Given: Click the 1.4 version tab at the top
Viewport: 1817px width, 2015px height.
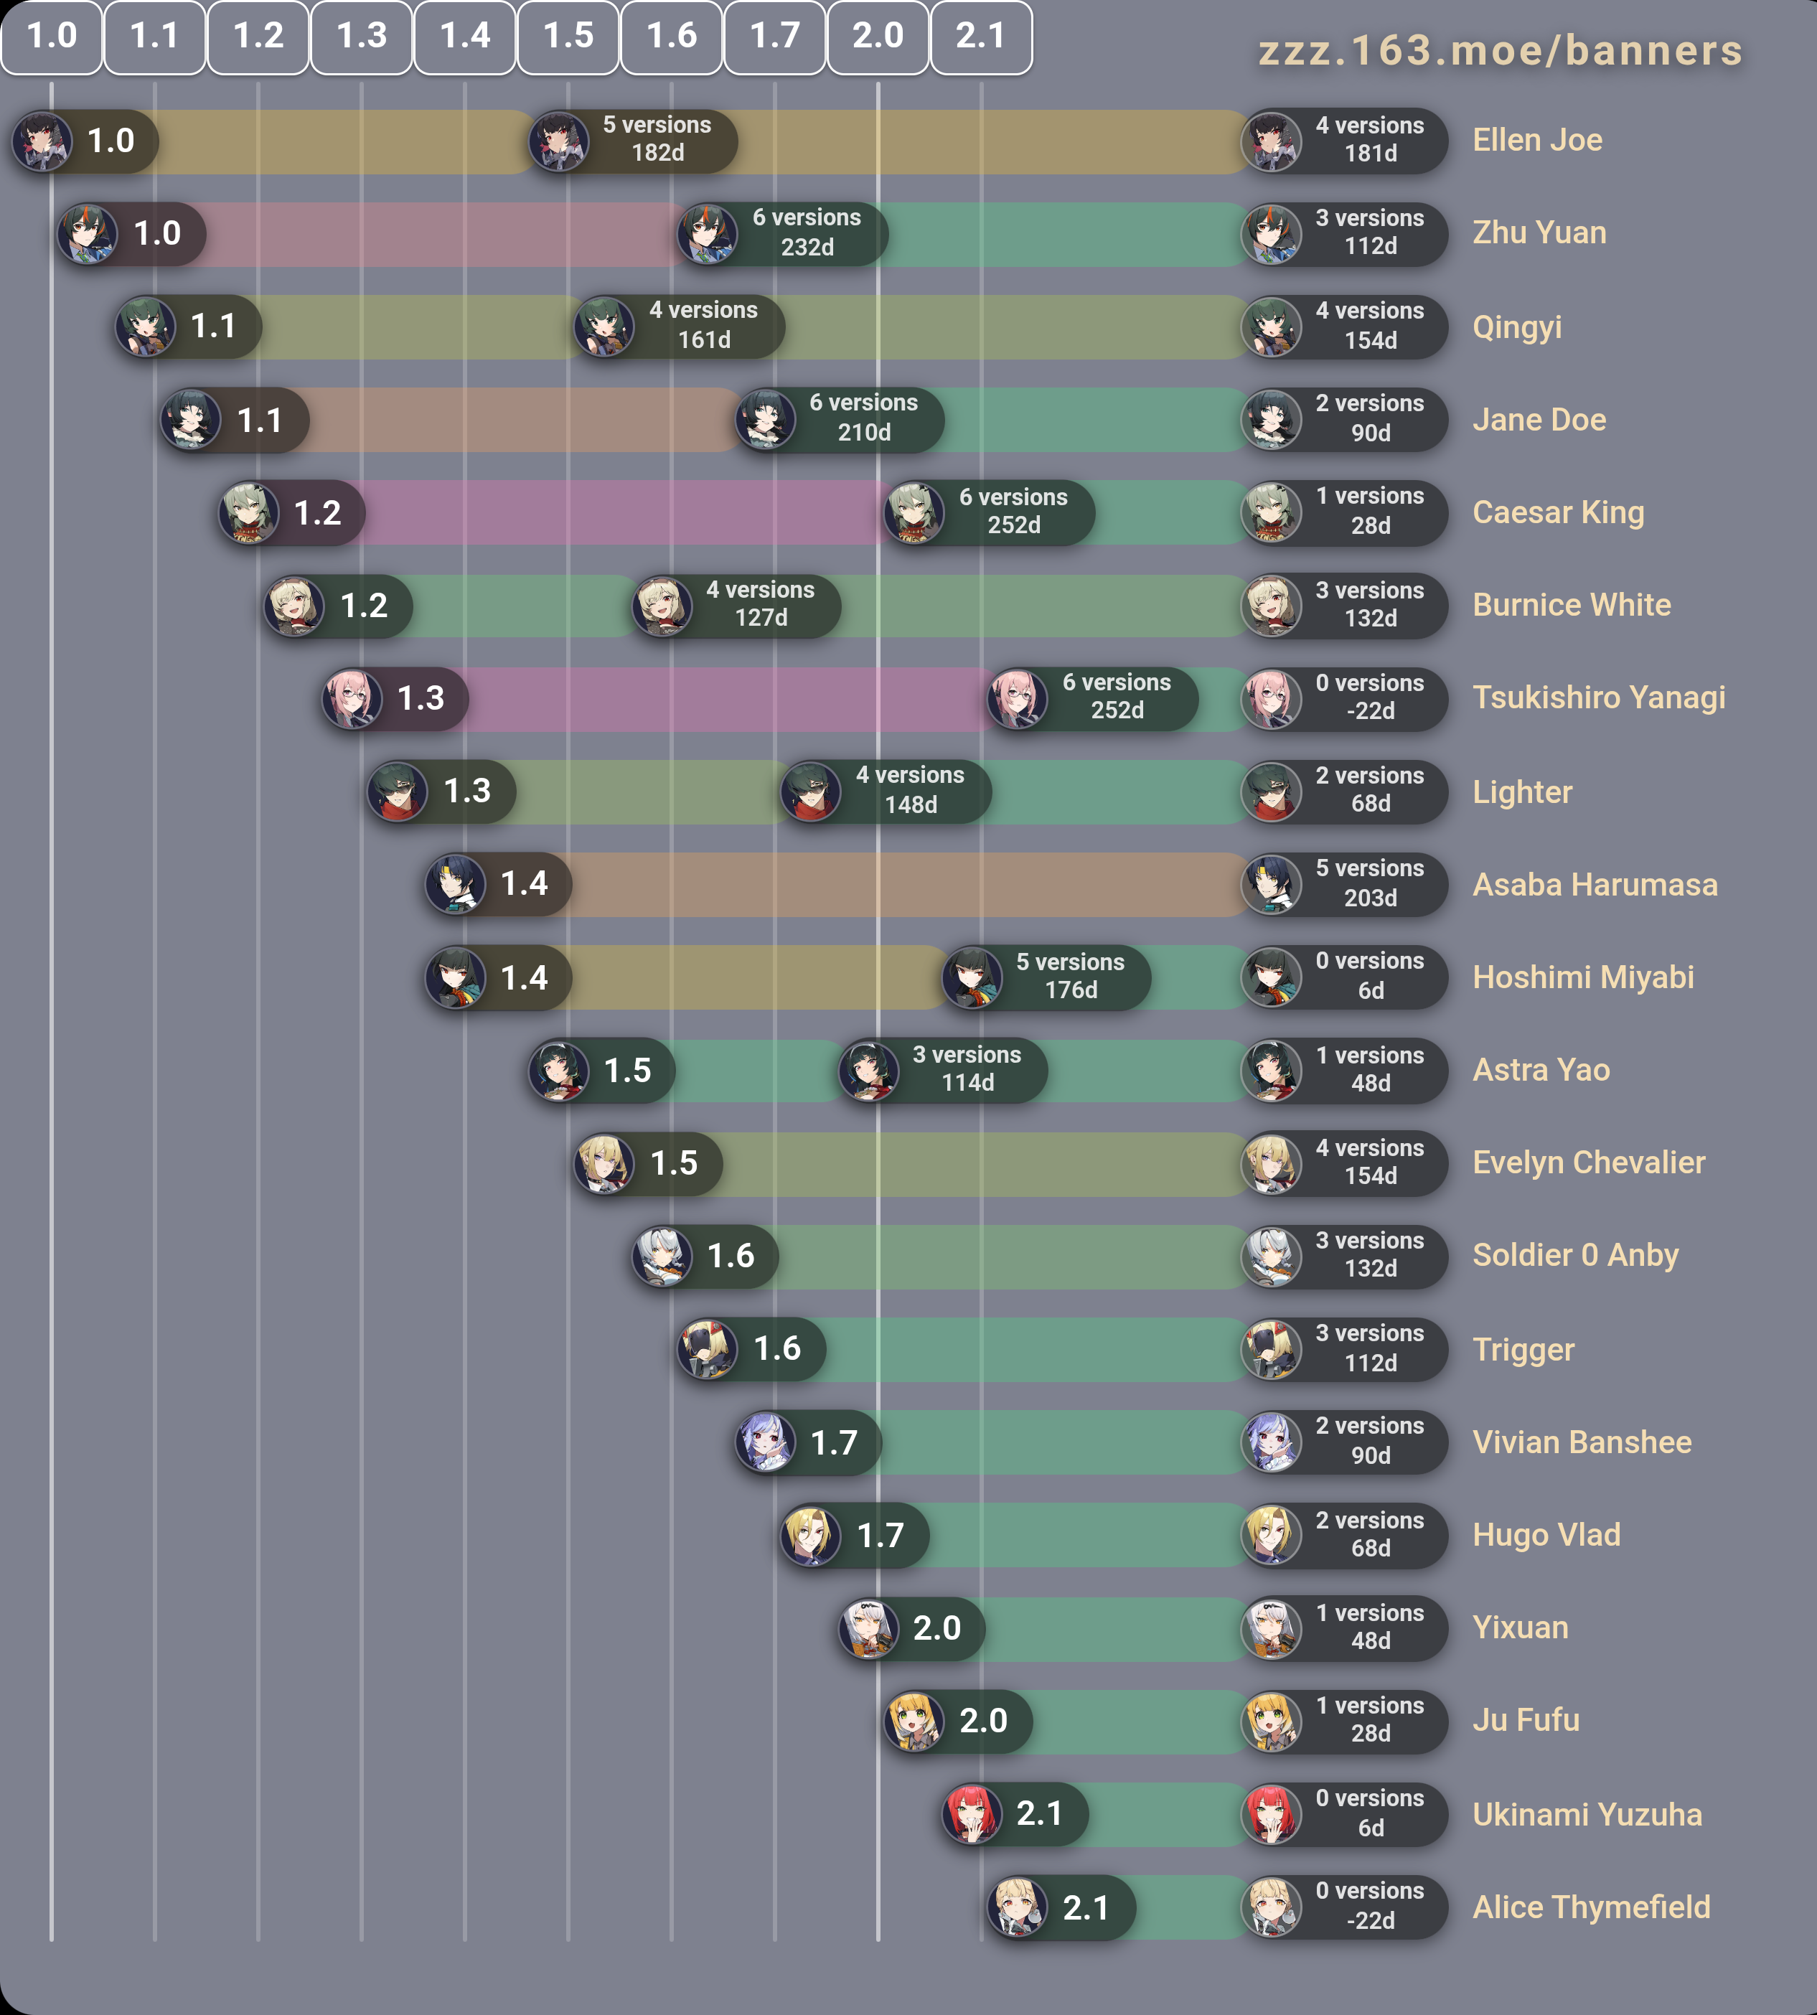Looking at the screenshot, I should click(465, 37).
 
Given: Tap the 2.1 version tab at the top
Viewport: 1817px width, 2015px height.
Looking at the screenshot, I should click(980, 37).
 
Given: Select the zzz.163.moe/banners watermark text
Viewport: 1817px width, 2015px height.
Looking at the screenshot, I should click(1500, 51).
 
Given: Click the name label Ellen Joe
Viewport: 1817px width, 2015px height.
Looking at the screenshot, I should click(1536, 141).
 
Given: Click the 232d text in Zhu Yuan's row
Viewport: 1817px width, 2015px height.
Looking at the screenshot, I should click(807, 248).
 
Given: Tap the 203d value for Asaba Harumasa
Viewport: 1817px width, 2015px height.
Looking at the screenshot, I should click(1370, 898).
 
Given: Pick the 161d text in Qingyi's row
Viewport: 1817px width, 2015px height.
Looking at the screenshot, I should click(704, 340).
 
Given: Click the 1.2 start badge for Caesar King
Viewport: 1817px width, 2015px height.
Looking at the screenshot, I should click(316, 513).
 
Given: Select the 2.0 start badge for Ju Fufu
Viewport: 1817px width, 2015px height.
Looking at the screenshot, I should click(982, 1721).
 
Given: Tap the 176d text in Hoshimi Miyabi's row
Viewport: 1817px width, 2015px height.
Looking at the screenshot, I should click(1070, 990).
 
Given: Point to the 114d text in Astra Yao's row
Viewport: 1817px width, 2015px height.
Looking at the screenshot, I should click(967, 1084).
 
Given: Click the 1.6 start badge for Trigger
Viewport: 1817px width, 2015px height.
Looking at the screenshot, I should click(776, 1349).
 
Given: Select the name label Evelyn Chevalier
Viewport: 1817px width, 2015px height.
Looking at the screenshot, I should click(1588, 1163).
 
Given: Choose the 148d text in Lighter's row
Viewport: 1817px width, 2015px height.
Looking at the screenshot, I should click(911, 805).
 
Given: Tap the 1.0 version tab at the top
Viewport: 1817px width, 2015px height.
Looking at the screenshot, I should click(52, 37).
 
